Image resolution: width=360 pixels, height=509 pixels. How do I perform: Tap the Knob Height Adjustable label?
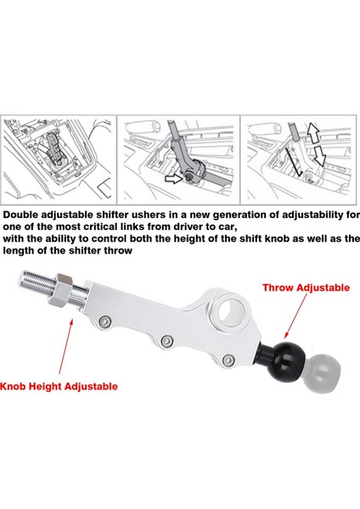click(x=59, y=386)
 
